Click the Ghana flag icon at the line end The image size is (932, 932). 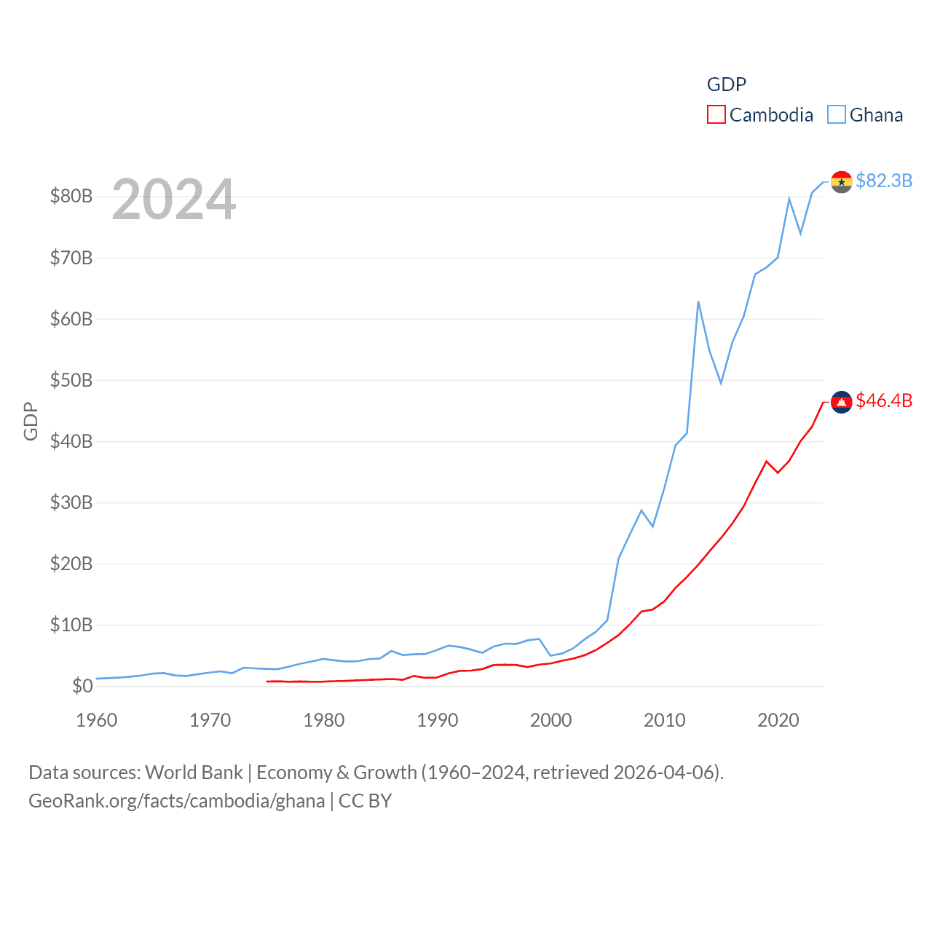pyautogui.click(x=841, y=182)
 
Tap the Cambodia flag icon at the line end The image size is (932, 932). pyautogui.click(x=841, y=402)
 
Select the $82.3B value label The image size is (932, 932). pyautogui.click(x=884, y=181)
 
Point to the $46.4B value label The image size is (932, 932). pyautogui.click(x=884, y=400)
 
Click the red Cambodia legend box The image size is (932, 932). pyautogui.click(x=716, y=115)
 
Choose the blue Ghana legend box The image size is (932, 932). pyautogui.click(x=837, y=115)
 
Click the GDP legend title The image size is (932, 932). pyautogui.click(x=726, y=84)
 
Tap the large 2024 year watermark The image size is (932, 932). pyautogui.click(x=174, y=200)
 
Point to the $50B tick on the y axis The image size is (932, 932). pyautogui.click(x=71, y=380)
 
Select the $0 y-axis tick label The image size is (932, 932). pyautogui.click(x=82, y=686)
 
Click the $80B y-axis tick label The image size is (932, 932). pyautogui.click(x=71, y=196)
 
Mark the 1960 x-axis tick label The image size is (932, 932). pyautogui.click(x=97, y=720)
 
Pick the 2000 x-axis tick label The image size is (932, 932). pyautogui.click(x=551, y=720)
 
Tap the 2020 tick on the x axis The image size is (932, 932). pyautogui.click(x=778, y=720)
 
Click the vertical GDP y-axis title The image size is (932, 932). pyautogui.click(x=31, y=421)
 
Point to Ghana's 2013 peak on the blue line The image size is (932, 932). pyautogui.click(x=698, y=301)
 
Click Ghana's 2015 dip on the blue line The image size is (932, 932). pyautogui.click(x=721, y=383)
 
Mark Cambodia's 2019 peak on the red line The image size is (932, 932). pyautogui.click(x=767, y=461)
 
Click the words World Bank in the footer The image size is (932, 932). pyautogui.click(x=194, y=772)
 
